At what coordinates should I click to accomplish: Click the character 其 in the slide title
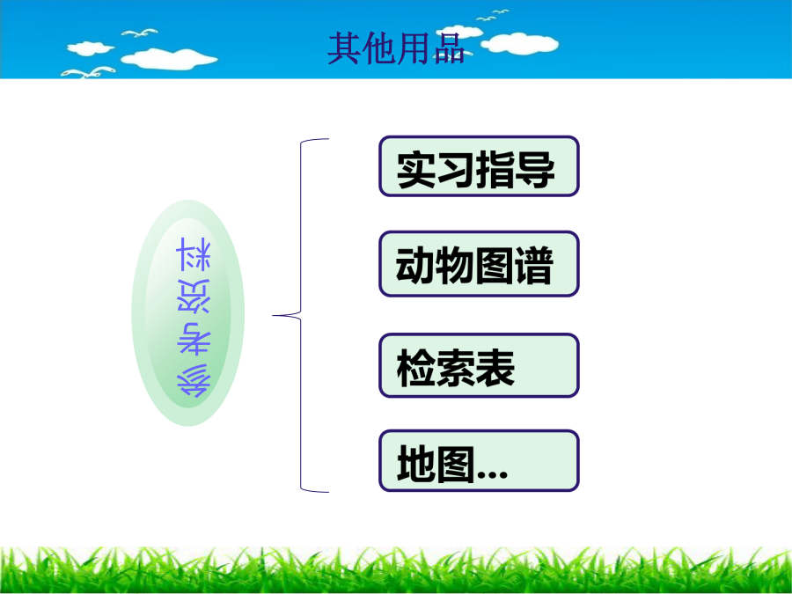pyautogui.click(x=344, y=49)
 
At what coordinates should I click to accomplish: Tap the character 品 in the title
pyautogui.click(x=449, y=49)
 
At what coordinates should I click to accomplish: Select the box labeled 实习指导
pyautogui.click(x=479, y=166)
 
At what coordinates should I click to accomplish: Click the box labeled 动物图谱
pyautogui.click(x=479, y=264)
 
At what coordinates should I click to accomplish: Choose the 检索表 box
pyautogui.click(x=479, y=365)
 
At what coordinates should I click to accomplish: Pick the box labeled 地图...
pyautogui.click(x=479, y=460)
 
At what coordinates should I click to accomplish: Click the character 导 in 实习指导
pyautogui.click(x=535, y=169)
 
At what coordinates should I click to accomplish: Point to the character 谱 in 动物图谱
pyautogui.click(x=534, y=266)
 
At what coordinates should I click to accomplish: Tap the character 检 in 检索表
pyautogui.click(x=416, y=368)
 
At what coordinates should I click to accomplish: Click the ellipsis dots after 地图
pyautogui.click(x=493, y=474)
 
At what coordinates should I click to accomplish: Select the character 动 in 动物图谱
pyautogui.click(x=415, y=266)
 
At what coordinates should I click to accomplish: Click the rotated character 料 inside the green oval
pyautogui.click(x=194, y=254)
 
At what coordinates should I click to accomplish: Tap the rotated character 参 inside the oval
pyautogui.click(x=194, y=380)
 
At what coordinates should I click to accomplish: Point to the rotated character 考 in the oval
pyautogui.click(x=194, y=338)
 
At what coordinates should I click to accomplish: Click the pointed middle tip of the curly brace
pyautogui.click(x=273, y=316)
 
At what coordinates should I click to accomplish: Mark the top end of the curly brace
pyautogui.click(x=328, y=138)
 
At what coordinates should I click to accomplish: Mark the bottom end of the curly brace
pyautogui.click(x=328, y=491)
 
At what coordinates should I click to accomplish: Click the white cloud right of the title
pyautogui.click(x=520, y=43)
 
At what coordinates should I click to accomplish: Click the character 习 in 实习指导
pyautogui.click(x=456, y=169)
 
